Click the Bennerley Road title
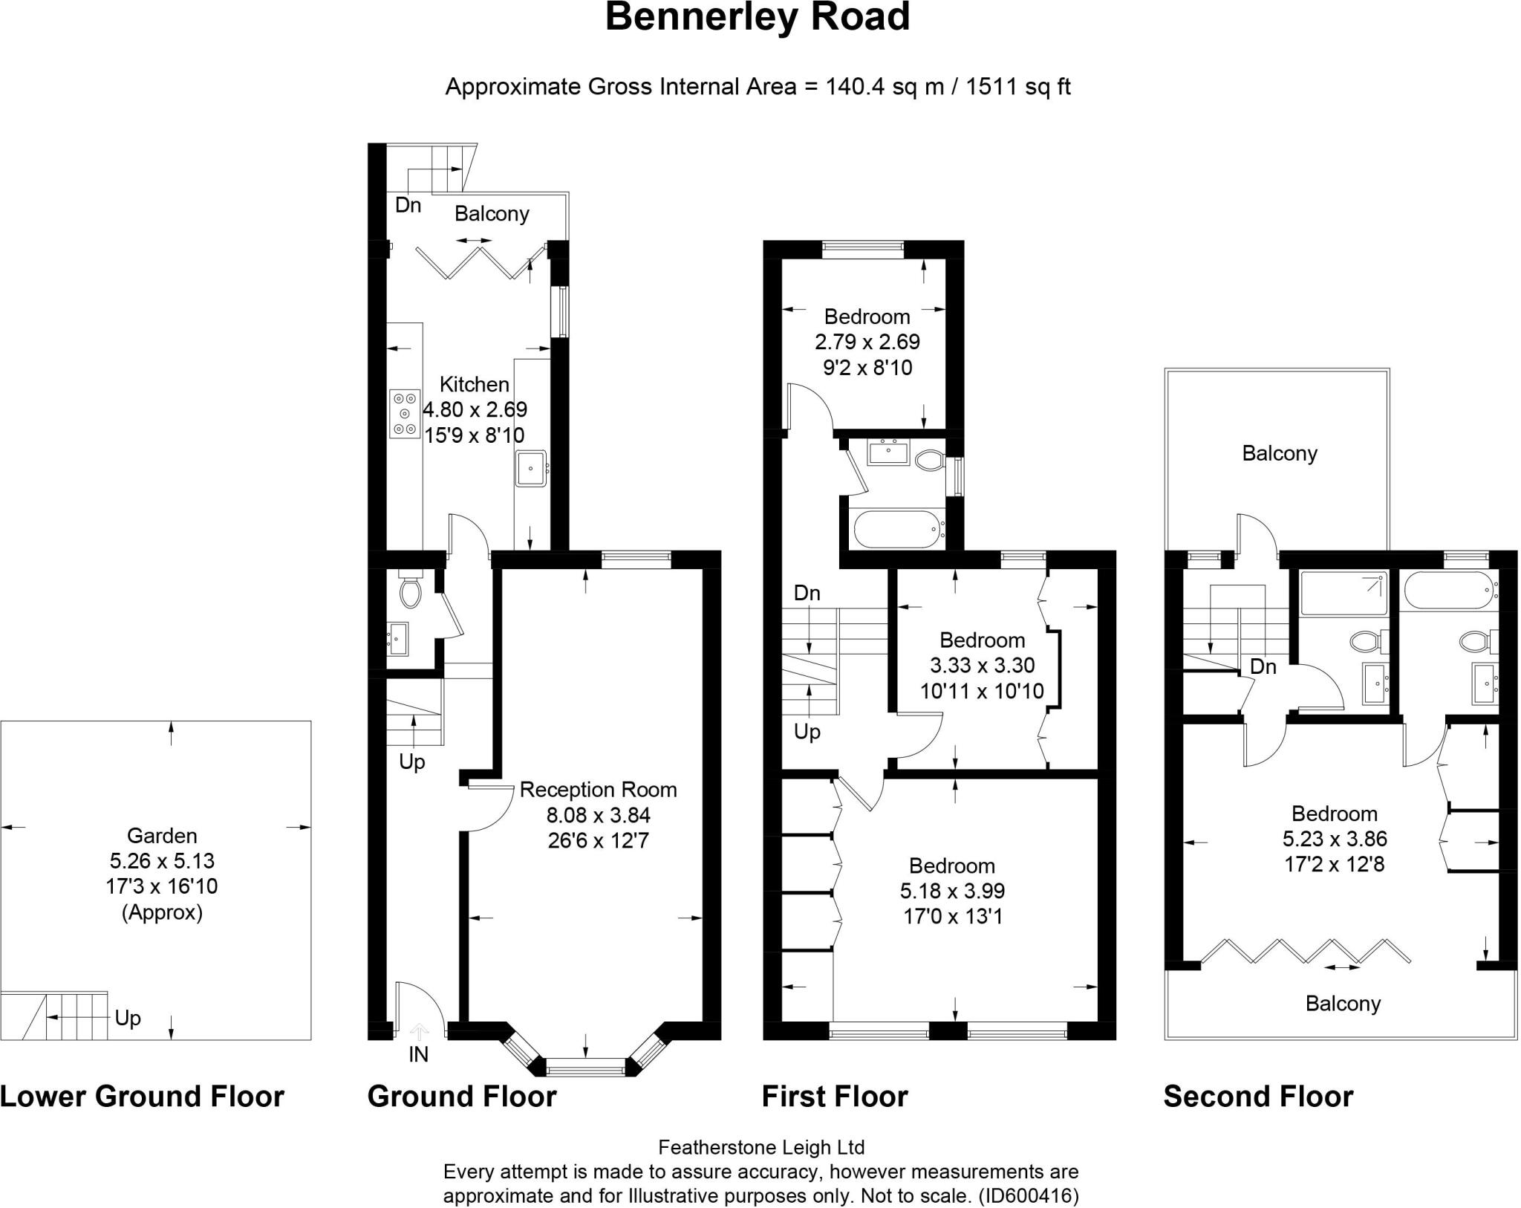758,18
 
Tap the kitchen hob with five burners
405,414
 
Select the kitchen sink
531,468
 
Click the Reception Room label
598,790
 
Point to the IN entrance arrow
420,1030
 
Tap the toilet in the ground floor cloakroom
410,588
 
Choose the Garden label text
162,836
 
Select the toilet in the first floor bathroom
928,461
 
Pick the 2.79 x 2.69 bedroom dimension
867,342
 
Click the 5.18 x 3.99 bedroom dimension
953,891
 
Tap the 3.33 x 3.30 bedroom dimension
983,665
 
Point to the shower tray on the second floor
1344,593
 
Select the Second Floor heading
1258,1097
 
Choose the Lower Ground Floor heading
142,1097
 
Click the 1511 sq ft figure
1018,87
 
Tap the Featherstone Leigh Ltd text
761,1148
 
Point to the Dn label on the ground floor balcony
408,205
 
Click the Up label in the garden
128,1019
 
